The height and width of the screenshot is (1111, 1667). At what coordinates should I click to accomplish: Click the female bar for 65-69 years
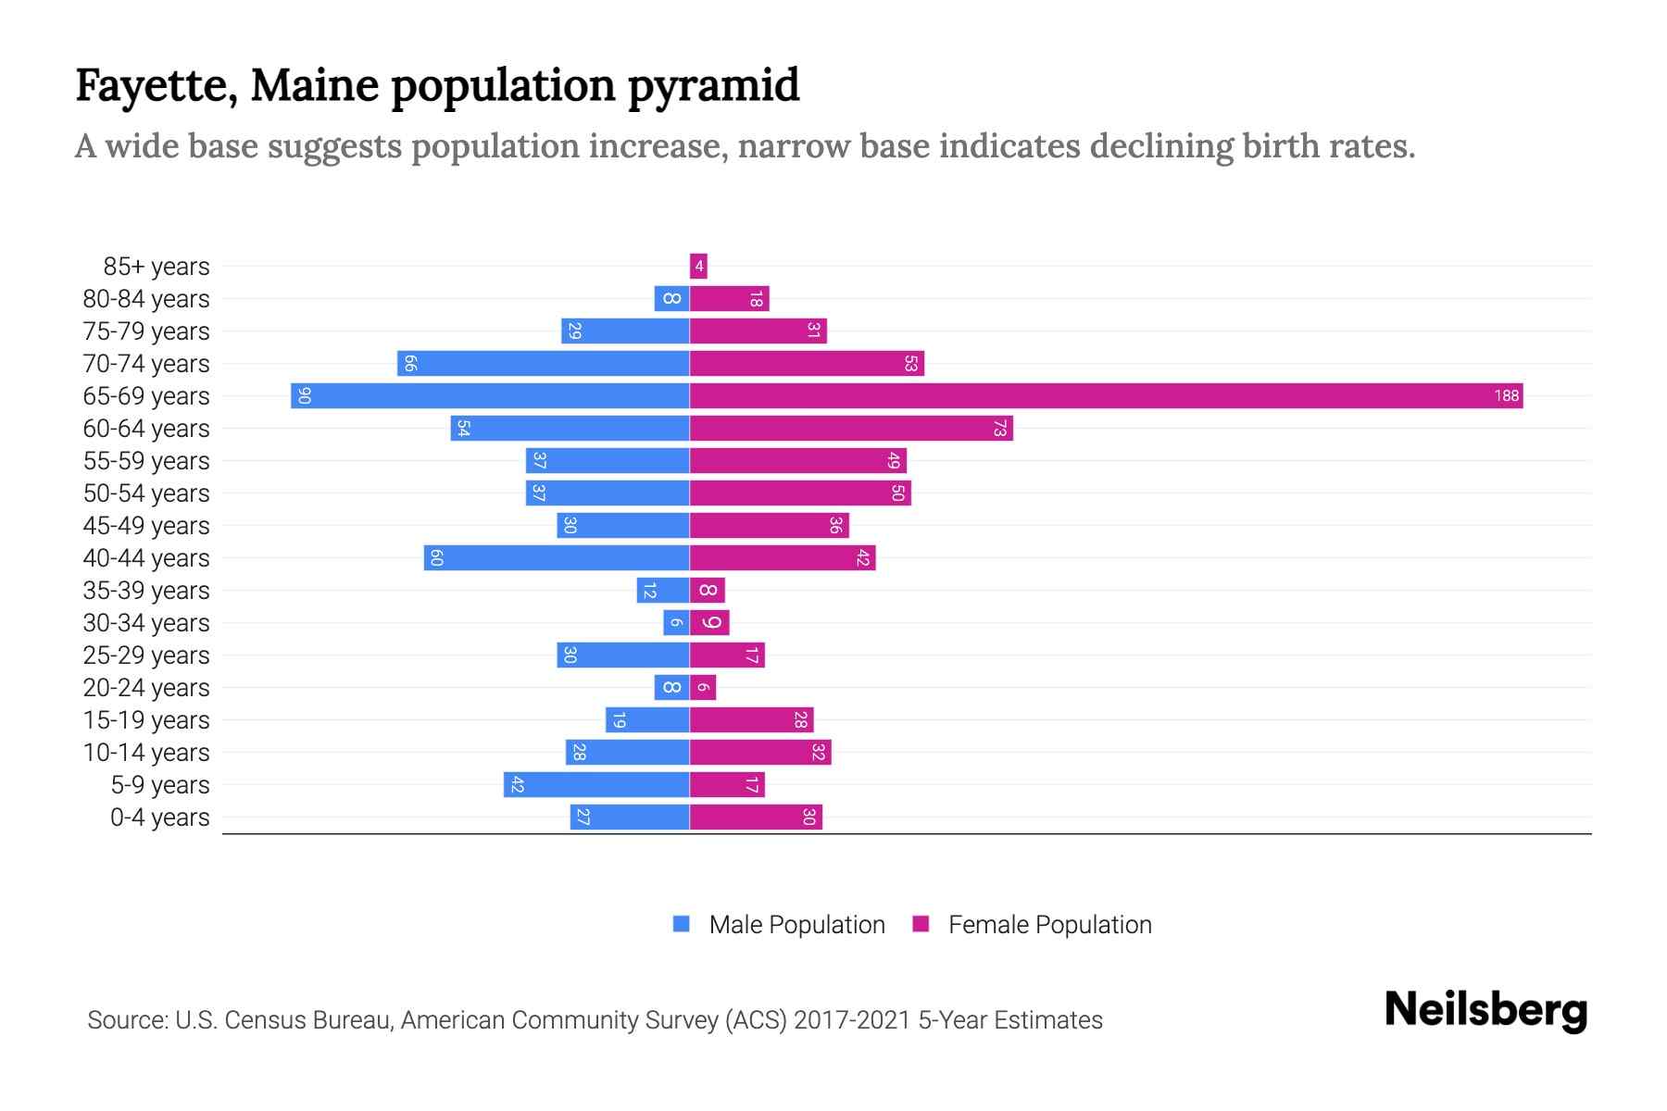pyautogui.click(x=1106, y=396)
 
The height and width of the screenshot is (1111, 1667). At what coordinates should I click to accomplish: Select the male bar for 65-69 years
pyautogui.click(x=490, y=396)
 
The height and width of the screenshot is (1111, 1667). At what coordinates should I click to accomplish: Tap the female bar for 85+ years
pyautogui.click(x=698, y=267)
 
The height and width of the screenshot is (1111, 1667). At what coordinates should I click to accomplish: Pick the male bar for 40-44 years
pyautogui.click(x=557, y=558)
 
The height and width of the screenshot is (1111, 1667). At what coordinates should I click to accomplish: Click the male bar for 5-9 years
pyautogui.click(x=596, y=785)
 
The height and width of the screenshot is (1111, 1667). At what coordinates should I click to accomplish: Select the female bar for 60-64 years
pyautogui.click(x=851, y=429)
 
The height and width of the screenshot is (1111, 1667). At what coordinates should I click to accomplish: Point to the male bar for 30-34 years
pyautogui.click(x=676, y=623)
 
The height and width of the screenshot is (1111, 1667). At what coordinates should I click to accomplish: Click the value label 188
pyautogui.click(x=1506, y=396)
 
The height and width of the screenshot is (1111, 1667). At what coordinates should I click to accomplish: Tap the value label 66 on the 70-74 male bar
pyautogui.click(x=410, y=364)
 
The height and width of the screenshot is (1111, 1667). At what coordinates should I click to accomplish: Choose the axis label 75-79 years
pyautogui.click(x=146, y=331)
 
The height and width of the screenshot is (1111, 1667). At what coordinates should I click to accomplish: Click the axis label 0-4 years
pyautogui.click(x=159, y=818)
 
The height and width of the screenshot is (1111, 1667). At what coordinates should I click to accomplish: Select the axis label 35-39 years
pyautogui.click(x=146, y=591)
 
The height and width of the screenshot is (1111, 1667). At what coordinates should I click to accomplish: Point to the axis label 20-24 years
pyautogui.click(x=146, y=688)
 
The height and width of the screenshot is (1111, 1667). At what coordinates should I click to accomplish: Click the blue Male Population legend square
pyautogui.click(x=682, y=924)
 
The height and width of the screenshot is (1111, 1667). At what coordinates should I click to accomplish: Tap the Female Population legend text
pyautogui.click(x=1049, y=925)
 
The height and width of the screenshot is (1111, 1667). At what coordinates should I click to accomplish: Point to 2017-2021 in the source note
pyautogui.click(x=852, y=1020)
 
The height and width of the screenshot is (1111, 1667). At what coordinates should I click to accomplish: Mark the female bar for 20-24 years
pyautogui.click(x=703, y=688)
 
